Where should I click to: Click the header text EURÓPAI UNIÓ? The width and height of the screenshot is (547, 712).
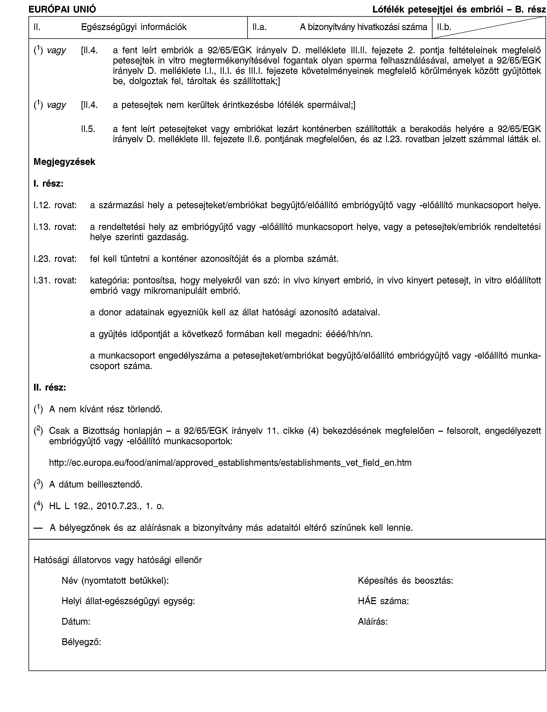(62, 9)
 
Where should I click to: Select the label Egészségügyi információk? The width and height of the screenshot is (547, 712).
(134, 27)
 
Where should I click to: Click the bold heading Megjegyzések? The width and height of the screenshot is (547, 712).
(64, 162)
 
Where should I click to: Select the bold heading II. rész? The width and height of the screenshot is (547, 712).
(50, 388)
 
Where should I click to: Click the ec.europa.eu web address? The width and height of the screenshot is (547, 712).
(230, 463)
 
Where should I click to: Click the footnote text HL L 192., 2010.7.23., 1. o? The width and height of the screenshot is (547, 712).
(106, 506)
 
